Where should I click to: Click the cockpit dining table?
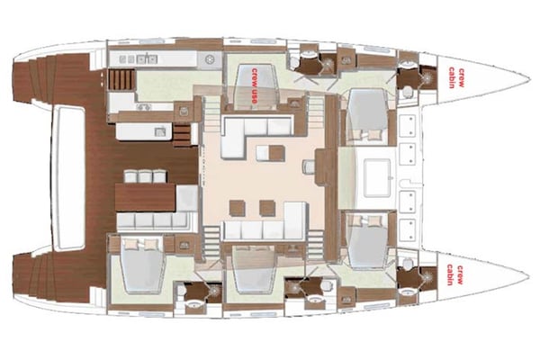pyautogui.click(x=145, y=197)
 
